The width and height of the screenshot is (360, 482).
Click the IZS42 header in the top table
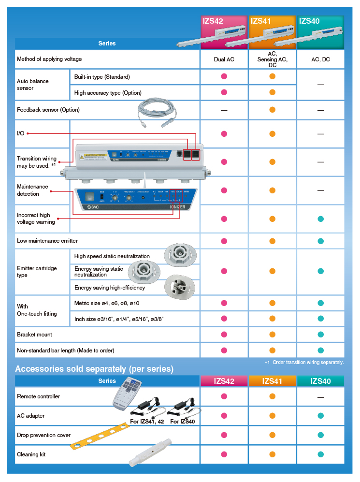point(213,21)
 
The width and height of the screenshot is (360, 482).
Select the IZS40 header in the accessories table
point(320,381)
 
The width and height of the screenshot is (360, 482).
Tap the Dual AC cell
point(224,59)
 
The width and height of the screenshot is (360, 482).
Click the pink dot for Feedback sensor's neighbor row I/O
point(224,134)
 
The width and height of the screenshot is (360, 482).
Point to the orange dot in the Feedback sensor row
point(272,110)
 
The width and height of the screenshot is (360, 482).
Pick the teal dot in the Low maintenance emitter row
point(320,241)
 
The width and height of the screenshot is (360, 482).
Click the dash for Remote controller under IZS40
point(320,397)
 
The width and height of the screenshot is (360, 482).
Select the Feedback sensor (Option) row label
point(48,110)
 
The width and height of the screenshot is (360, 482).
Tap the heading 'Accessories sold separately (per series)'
point(94,369)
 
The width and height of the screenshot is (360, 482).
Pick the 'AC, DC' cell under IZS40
point(320,59)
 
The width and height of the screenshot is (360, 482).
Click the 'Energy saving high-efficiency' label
point(110,288)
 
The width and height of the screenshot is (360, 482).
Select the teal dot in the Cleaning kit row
point(320,454)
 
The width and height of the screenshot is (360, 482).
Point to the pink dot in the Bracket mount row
point(224,335)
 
